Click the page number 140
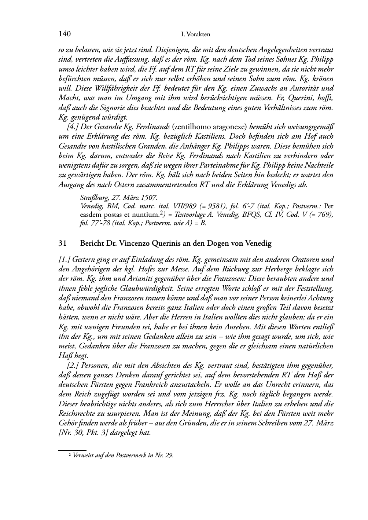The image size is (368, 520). (65, 34)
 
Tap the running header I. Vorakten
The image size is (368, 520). (196, 34)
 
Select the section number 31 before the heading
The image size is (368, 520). (62, 243)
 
